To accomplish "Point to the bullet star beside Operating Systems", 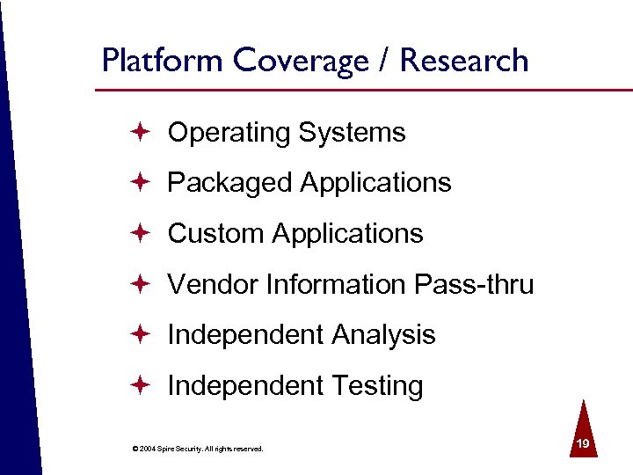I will coord(142,132).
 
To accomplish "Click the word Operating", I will coord(229,133).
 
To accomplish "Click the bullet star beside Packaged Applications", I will coord(142,182).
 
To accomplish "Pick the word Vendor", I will coord(210,284).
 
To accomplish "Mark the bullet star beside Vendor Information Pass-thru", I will coord(142,283).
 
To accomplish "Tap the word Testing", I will coord(377,386).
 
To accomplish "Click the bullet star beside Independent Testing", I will coord(142,385).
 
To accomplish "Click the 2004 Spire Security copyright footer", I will coord(197,449).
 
